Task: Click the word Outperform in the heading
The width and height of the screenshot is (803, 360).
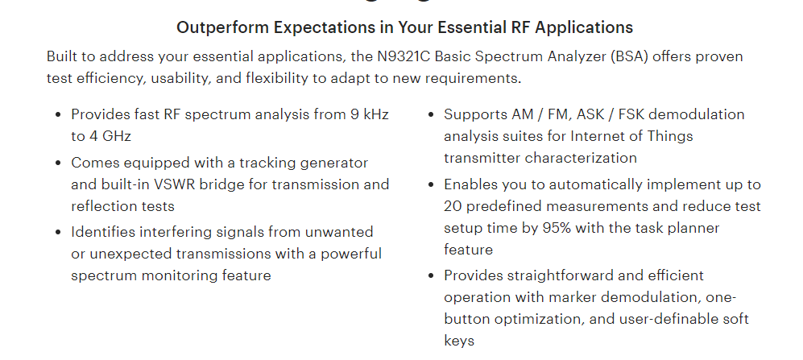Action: (x=223, y=27)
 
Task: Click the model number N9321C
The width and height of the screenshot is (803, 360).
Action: (x=404, y=56)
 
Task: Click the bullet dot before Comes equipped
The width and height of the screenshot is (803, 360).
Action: (x=58, y=163)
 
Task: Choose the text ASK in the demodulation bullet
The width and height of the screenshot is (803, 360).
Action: (x=591, y=114)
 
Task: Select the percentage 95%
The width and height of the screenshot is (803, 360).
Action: (x=557, y=228)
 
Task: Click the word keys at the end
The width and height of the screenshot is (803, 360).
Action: (x=459, y=341)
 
